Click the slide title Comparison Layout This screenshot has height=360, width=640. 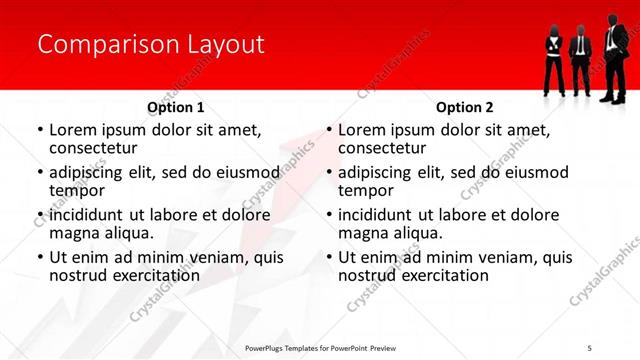150,45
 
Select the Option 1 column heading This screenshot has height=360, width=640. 176,107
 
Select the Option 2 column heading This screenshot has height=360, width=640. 465,107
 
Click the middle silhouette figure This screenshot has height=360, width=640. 580,61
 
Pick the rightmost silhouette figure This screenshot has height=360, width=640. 612,55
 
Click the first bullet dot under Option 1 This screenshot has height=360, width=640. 40,131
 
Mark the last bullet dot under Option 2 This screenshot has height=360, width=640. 329,257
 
